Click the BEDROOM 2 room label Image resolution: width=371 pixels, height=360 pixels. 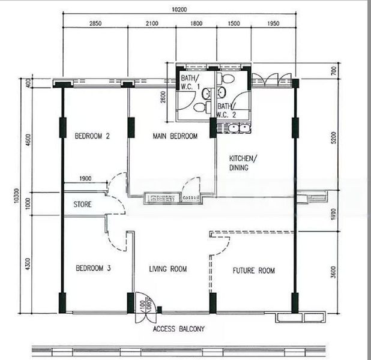click(x=92, y=136)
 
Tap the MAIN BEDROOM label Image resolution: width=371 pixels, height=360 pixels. click(x=175, y=136)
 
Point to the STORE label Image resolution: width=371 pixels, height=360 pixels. click(x=82, y=205)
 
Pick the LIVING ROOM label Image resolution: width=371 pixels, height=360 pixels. click(x=168, y=269)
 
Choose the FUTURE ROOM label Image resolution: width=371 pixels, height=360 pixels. click(x=253, y=271)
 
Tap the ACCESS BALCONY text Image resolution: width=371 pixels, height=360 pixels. click(x=178, y=329)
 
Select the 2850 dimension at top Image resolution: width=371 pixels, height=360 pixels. click(x=95, y=23)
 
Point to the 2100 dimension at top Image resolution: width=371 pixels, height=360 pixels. click(x=151, y=23)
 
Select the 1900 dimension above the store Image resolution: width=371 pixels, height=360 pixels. click(x=85, y=178)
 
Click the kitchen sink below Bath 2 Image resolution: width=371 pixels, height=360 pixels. click(x=235, y=128)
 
